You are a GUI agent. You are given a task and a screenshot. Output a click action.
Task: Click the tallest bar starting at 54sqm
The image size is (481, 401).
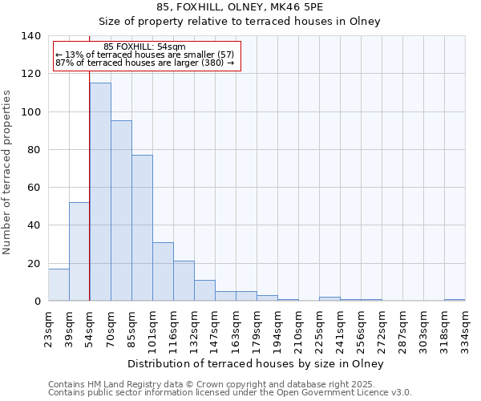(x=100, y=192)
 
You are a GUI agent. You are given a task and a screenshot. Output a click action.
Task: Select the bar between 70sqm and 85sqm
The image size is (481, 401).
(x=121, y=211)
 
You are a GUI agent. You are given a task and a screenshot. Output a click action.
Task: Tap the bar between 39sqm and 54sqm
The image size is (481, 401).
(x=79, y=252)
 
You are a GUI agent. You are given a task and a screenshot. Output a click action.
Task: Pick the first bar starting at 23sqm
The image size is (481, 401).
(x=59, y=285)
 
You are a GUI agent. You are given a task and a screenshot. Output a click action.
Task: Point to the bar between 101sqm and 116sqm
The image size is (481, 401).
(x=163, y=272)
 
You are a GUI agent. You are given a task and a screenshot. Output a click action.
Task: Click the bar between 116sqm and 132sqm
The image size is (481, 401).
(x=184, y=281)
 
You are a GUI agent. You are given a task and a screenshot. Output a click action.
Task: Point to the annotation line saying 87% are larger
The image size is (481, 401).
(x=144, y=63)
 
